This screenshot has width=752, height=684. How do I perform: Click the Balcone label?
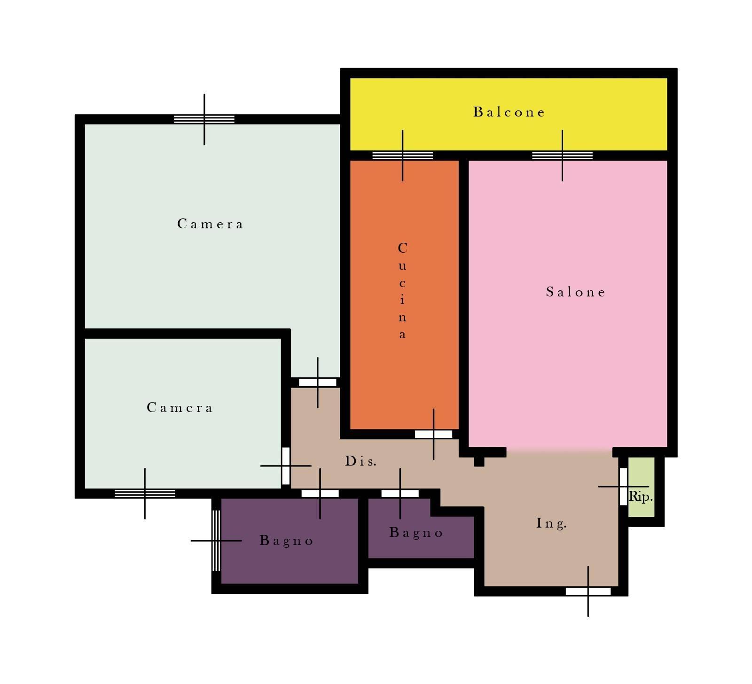509,112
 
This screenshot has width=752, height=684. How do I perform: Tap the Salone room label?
576,292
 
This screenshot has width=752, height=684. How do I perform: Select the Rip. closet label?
641,496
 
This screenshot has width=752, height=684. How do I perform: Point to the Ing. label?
552,523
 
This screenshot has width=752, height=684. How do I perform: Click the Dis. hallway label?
361,461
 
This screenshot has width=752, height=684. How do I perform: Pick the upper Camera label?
210,224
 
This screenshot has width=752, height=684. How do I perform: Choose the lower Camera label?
180,407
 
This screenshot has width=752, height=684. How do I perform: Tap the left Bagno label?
287,541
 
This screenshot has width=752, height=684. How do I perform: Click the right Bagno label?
416,533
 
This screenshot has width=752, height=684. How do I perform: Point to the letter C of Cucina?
403,248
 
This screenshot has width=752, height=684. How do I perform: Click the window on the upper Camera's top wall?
204,119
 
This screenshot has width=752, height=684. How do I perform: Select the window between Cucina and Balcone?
403,155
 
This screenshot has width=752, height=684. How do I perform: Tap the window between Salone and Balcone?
562,155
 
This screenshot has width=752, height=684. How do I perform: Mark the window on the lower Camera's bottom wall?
145,494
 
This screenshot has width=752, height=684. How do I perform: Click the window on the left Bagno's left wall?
216,540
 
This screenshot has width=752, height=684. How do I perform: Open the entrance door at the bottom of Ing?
588,591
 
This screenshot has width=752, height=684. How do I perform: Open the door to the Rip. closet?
623,487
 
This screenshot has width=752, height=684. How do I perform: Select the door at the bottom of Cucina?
433,435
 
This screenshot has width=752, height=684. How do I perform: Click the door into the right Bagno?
400,494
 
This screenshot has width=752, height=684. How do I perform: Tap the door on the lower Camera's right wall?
286,466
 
